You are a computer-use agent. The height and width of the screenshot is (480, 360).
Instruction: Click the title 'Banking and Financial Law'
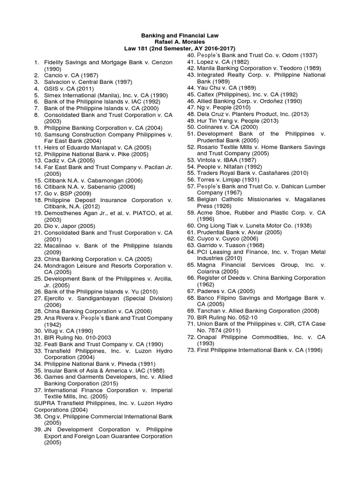pyautogui.click(x=180, y=36)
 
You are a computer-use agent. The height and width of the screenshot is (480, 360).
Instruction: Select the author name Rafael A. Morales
pyautogui.click(x=180, y=42)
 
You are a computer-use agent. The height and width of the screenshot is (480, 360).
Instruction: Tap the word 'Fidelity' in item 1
pyautogui.click(x=55, y=62)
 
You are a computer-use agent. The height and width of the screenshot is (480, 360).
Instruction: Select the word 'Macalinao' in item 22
pyautogui.click(x=58, y=246)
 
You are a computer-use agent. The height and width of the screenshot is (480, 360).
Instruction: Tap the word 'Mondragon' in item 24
pyautogui.click(x=60, y=265)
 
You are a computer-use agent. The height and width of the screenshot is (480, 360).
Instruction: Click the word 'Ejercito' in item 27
pyautogui.click(x=55, y=298)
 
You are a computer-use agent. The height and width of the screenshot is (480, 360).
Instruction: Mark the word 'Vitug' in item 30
pyautogui.click(x=52, y=331)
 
